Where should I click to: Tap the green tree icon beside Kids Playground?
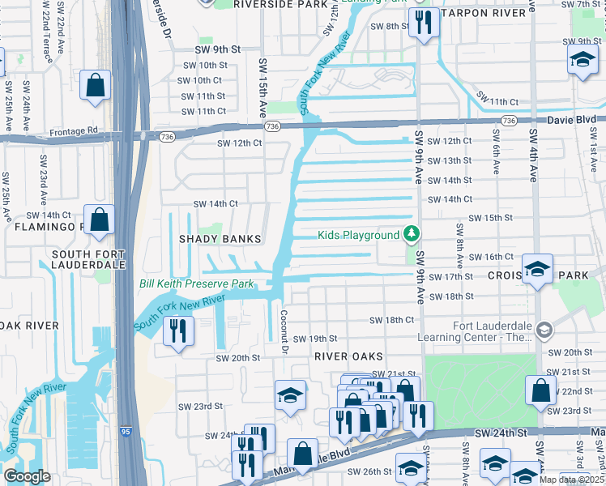pyautogui.click(x=412, y=235)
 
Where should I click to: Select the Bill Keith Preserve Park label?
pyautogui.click(x=197, y=283)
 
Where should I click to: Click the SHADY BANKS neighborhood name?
pyautogui.click(x=221, y=239)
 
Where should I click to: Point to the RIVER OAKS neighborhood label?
pyautogui.click(x=348, y=356)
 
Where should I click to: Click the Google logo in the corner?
pyautogui.click(x=27, y=476)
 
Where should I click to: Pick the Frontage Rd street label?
pyautogui.click(x=73, y=130)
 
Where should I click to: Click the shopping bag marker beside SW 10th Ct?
pyautogui.click(x=96, y=86)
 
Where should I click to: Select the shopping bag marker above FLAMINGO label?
pyautogui.click(x=99, y=220)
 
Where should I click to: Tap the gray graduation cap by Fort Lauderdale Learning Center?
pyautogui.click(x=544, y=329)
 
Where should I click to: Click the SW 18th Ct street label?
pyautogui.click(x=392, y=320)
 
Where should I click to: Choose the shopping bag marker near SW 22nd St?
pyautogui.click(x=540, y=390)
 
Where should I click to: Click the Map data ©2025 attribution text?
pyautogui.click(x=572, y=480)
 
